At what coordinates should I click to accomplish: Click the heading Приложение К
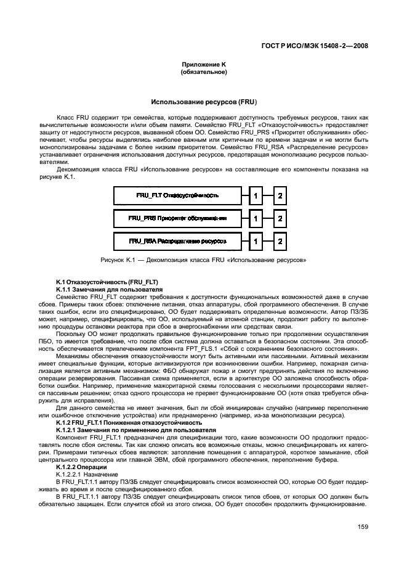(x=203, y=65)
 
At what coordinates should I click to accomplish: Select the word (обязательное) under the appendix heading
(x=203, y=72)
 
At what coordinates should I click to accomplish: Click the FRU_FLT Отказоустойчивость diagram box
(x=177, y=197)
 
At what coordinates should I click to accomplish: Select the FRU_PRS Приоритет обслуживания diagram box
(x=177, y=218)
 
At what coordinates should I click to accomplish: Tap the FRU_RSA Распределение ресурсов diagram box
(x=177, y=240)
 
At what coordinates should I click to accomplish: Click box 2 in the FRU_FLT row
(x=280, y=197)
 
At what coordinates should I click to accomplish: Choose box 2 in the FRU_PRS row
(x=280, y=218)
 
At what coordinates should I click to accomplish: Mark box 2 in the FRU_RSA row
(x=280, y=240)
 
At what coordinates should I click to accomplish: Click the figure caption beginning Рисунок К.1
(x=203, y=260)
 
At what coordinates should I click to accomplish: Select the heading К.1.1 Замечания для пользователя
(x=100, y=288)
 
